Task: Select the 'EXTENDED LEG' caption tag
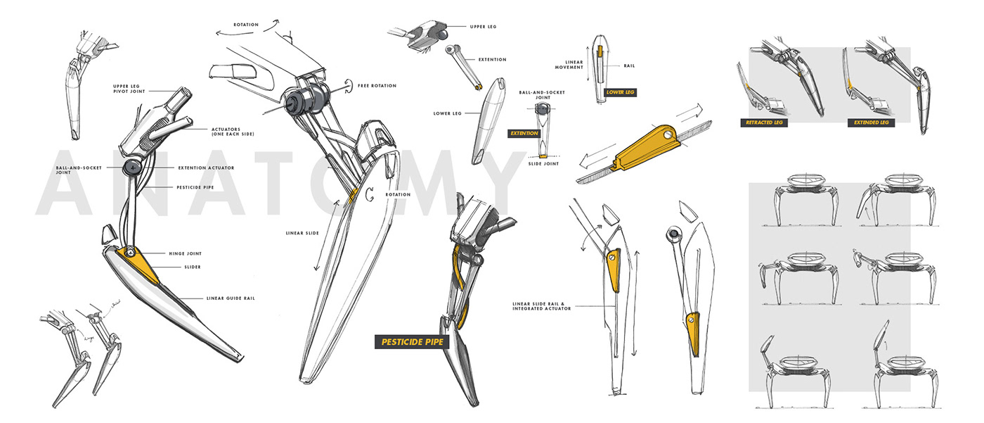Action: [872, 122]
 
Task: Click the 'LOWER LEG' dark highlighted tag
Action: [620, 92]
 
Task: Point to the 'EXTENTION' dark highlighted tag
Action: [524, 133]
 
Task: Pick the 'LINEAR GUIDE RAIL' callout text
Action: [231, 298]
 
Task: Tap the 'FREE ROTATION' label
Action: [377, 86]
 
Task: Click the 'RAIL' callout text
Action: [630, 65]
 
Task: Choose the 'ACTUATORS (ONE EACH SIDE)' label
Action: [233, 132]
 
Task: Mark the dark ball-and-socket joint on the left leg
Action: [133, 168]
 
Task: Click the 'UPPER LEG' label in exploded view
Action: [483, 27]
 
